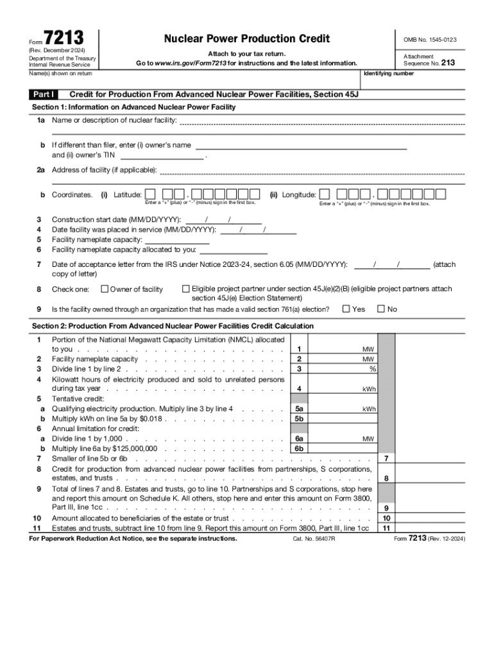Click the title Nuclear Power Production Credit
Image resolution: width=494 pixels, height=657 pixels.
pyautogui.click(x=247, y=39)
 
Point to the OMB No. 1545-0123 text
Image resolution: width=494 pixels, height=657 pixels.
pyautogui.click(x=430, y=40)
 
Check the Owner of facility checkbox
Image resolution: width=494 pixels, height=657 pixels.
pyautogui.click(x=105, y=289)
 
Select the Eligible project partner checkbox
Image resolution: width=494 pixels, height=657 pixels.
pyautogui.click(x=187, y=289)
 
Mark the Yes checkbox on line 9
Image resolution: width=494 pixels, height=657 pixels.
pyautogui.click(x=346, y=309)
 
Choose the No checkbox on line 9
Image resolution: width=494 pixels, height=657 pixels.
pyautogui.click(x=381, y=309)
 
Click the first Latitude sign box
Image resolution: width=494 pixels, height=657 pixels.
pyautogui.click(x=149, y=194)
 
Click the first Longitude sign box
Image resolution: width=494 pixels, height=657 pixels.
pyautogui.click(x=325, y=194)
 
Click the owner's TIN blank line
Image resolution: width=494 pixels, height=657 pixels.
pyautogui.click(x=162, y=155)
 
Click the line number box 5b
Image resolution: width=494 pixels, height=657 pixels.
pyautogui.click(x=299, y=418)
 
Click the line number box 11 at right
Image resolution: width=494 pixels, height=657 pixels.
pyautogui.click(x=386, y=528)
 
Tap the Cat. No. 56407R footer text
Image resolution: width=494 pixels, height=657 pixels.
pyautogui.click(x=314, y=539)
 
